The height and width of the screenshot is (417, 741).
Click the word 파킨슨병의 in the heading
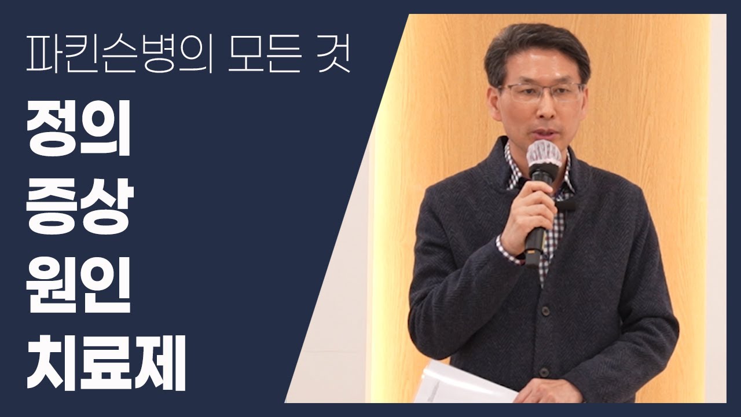click(x=119, y=54)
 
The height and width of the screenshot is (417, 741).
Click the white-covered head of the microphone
click(x=544, y=155)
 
